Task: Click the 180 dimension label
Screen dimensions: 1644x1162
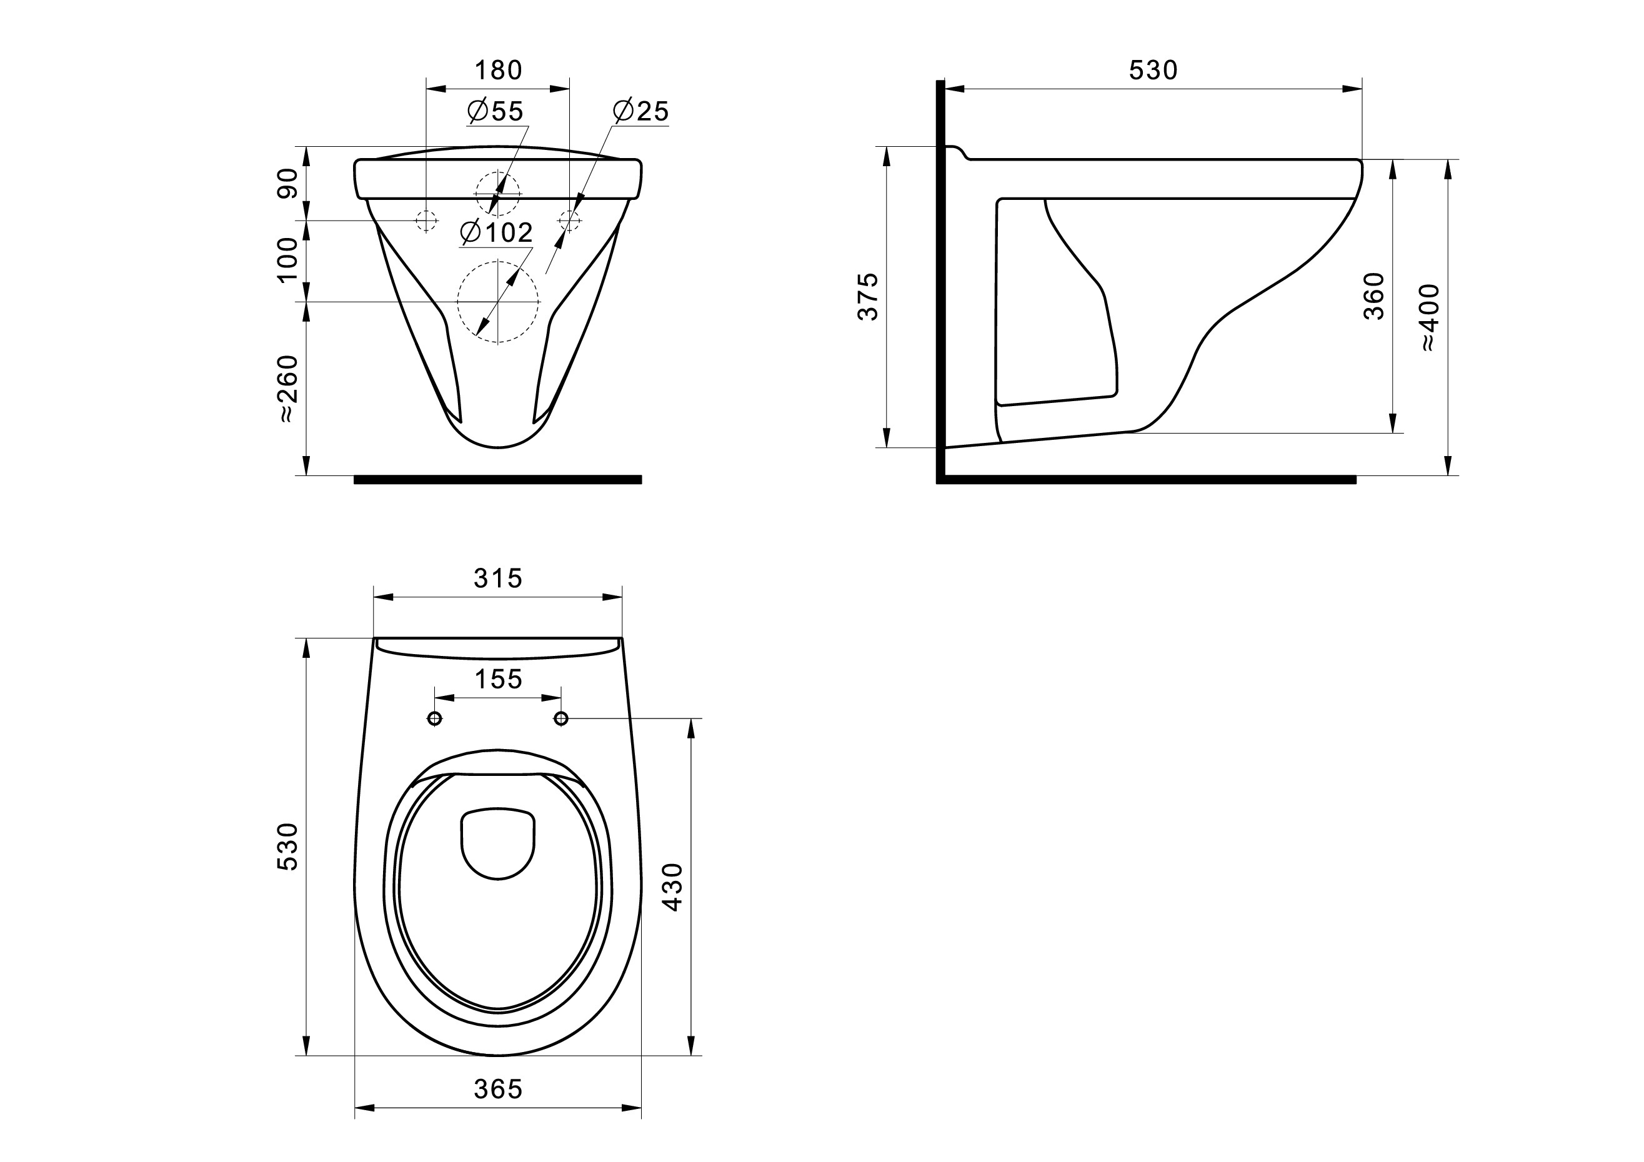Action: (499, 70)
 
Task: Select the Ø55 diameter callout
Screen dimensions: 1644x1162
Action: (496, 111)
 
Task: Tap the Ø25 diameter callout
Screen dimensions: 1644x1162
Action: (641, 111)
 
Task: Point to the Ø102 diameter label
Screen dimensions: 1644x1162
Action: (497, 232)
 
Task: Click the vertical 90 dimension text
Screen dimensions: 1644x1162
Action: (288, 182)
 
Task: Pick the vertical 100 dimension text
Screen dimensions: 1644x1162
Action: (288, 260)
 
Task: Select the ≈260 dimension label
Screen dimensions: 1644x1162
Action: (288, 388)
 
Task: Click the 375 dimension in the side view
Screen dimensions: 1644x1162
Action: (868, 296)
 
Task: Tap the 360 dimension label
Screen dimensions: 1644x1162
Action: (1374, 295)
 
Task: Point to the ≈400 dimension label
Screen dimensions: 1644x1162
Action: (1429, 317)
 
